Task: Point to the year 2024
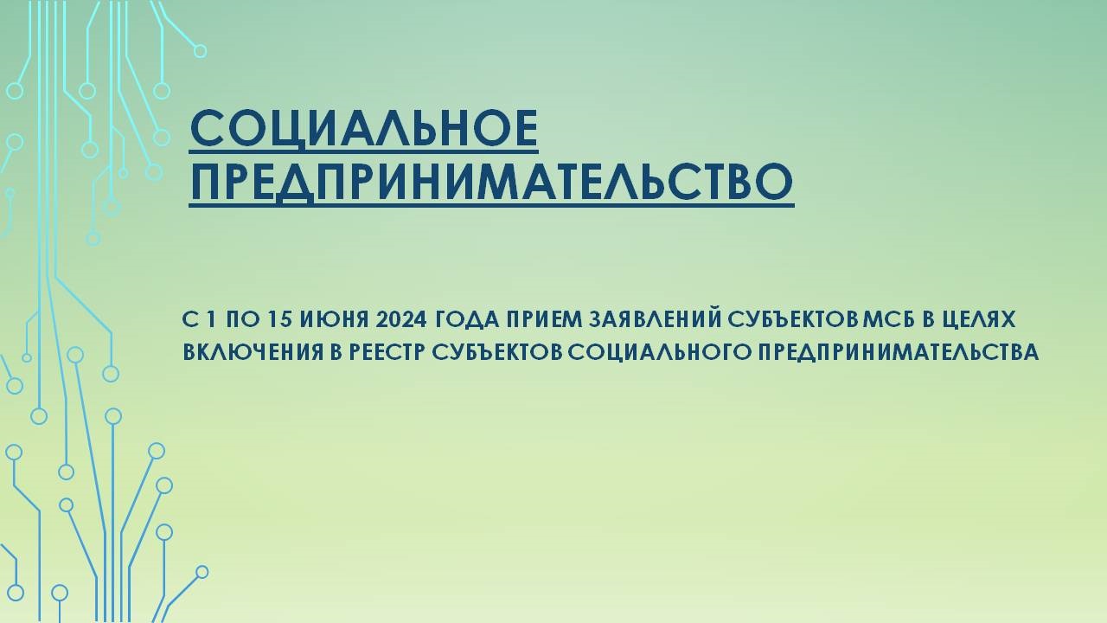point(400,320)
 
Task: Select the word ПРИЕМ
point(543,320)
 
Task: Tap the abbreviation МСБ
point(888,320)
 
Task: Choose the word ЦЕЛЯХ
point(981,320)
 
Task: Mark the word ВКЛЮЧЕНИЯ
point(251,352)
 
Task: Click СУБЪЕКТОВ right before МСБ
point(794,320)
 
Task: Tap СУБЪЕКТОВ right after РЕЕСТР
point(496,352)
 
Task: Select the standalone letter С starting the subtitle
point(189,320)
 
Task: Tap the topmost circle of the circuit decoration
point(200,51)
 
